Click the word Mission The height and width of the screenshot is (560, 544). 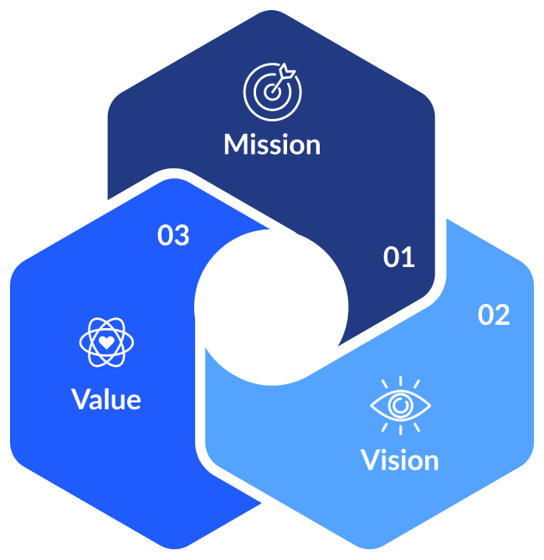(x=272, y=144)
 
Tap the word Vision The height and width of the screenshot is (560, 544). (x=399, y=460)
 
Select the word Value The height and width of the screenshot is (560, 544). (x=106, y=398)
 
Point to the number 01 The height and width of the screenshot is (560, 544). (x=399, y=258)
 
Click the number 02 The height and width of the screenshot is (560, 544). (x=494, y=316)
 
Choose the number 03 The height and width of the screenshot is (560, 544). (x=173, y=236)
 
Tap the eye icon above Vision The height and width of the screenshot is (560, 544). (x=401, y=404)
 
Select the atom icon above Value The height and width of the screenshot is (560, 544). (x=106, y=342)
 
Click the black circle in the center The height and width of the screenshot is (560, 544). (x=271, y=306)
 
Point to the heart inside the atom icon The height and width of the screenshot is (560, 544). (x=106, y=342)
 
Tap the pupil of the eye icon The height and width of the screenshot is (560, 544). (x=401, y=405)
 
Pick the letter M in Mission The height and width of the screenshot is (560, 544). (x=236, y=144)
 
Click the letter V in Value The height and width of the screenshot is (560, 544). (x=81, y=398)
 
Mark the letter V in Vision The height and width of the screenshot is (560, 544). (x=370, y=460)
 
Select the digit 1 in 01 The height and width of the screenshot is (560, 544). (x=408, y=258)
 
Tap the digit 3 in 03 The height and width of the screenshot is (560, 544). (x=182, y=236)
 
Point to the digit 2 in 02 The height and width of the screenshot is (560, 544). (x=502, y=316)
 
